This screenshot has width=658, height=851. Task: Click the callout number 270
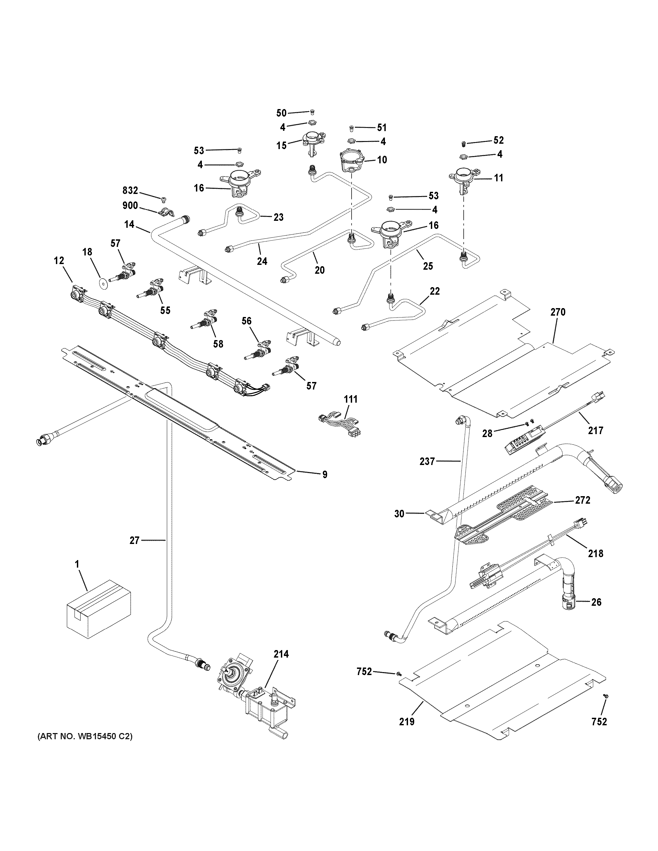tap(558, 312)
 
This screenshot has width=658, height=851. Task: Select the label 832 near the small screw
tap(130, 190)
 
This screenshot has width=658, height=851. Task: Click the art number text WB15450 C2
tap(85, 737)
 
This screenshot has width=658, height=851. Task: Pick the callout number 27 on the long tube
tap(134, 540)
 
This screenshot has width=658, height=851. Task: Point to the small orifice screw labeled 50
tap(312, 112)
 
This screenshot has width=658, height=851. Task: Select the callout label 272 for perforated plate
tap(583, 500)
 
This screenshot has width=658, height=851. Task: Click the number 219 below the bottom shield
tap(407, 722)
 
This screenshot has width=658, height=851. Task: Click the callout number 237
tap(427, 461)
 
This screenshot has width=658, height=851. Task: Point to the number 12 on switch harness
tap(59, 261)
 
